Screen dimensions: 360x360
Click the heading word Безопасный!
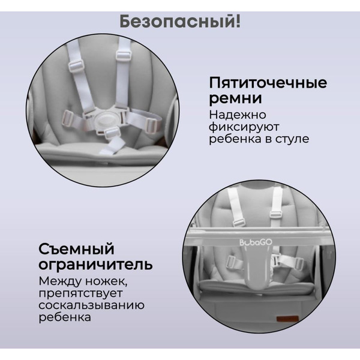pyautogui.click(x=180, y=22)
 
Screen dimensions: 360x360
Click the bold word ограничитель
pyautogui.click(x=95, y=265)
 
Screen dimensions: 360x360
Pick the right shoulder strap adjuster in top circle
pyautogui.click(x=124, y=55)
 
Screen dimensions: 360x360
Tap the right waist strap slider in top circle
pyautogui.click(x=149, y=125)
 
